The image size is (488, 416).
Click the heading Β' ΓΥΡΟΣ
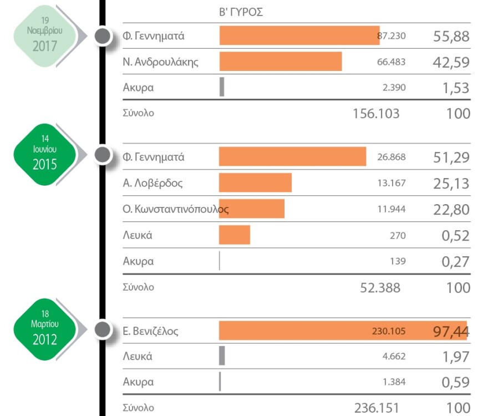coord(241,12)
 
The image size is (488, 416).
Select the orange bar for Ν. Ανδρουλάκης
coord(281,62)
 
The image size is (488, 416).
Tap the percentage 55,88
coord(451,37)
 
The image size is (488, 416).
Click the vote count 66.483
coord(391,62)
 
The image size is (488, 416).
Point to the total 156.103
coord(375,114)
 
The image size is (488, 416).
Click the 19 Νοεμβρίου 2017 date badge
coord(45,34)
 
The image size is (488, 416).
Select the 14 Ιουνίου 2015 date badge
coord(45,154)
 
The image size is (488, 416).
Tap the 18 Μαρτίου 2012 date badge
coord(45,328)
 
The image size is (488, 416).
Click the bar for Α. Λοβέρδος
coord(255,182)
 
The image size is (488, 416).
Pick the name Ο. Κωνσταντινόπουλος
coord(175,210)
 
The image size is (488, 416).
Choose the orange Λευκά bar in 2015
coord(235,235)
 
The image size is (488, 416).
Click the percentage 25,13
coord(451,183)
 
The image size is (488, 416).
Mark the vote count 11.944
coord(391,210)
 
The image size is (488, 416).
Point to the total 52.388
coord(380,287)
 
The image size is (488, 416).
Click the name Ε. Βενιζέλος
coord(150,332)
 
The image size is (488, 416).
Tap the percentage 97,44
coord(451,332)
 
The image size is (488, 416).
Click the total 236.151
coord(377,408)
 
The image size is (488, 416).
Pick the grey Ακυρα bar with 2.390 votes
coord(222,87)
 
